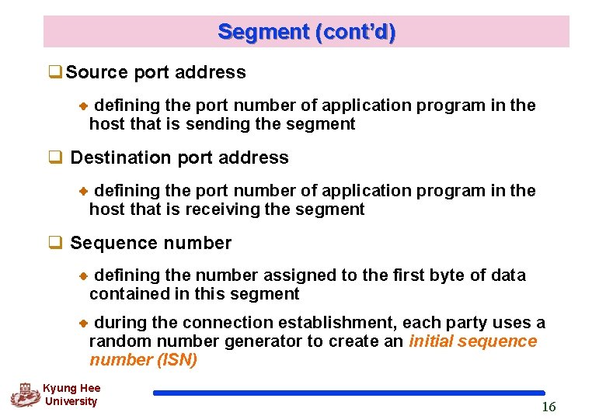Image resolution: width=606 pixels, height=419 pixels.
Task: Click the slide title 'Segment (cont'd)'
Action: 306,32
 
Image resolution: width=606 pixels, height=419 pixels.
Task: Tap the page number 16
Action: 549,407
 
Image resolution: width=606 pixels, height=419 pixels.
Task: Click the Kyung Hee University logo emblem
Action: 25,394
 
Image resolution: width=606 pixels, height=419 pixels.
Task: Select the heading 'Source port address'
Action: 155,73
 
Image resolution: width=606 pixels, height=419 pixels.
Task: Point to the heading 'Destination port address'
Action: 179,158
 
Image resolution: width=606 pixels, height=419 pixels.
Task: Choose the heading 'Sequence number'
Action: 151,244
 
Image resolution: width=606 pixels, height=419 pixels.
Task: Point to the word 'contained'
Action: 124,294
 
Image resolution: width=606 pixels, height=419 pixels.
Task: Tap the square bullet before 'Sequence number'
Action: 55,244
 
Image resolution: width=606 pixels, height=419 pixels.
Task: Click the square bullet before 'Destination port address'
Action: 55,158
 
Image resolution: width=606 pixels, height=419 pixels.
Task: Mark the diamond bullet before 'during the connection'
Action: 85,323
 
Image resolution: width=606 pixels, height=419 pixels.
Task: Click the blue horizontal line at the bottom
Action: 349,393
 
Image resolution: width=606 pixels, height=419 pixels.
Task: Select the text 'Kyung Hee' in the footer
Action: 71,388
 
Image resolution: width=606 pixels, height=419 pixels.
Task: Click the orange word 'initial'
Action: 431,341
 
